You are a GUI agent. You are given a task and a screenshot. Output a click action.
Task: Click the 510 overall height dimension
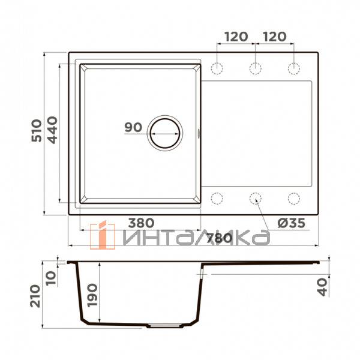pos(37,130)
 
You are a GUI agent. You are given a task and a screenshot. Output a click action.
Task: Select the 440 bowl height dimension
pos(52,130)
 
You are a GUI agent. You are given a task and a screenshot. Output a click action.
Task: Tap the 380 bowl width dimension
pos(141,223)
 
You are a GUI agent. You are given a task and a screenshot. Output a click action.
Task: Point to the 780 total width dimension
pos(219,238)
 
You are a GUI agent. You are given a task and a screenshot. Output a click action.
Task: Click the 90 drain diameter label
pos(133,127)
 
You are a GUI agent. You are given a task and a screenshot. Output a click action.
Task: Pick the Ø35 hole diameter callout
pos(292,223)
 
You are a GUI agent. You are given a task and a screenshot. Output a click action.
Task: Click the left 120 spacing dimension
pos(236,37)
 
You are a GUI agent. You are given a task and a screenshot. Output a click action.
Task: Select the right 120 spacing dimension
pos(275,37)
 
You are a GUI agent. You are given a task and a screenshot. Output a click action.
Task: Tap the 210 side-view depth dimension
pos(35,296)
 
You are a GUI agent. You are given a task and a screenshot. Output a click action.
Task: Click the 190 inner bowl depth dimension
pos(92,295)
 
